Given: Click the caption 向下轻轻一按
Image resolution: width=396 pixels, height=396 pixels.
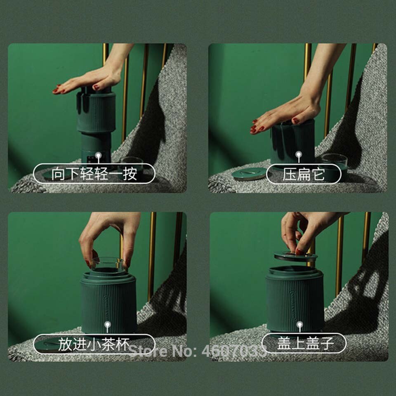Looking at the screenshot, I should pyautogui.click(x=94, y=174).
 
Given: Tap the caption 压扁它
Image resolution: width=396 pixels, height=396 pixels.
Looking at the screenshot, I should pyautogui.click(x=304, y=174).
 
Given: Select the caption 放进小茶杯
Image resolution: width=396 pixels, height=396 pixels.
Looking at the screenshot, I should pyautogui.click(x=94, y=344).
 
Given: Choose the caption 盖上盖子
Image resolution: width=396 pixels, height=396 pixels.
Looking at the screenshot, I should pyautogui.click(x=304, y=343).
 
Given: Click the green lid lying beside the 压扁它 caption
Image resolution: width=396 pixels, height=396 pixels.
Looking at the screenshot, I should pyautogui.click(x=249, y=174).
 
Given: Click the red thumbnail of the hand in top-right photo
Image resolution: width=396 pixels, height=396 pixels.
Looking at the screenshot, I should pyautogui.click(x=296, y=121).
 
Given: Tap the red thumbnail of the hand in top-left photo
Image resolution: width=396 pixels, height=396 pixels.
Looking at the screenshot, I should pyautogui.click(x=96, y=87).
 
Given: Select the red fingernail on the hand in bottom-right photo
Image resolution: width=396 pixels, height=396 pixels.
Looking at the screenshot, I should pyautogui.click(x=298, y=250).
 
